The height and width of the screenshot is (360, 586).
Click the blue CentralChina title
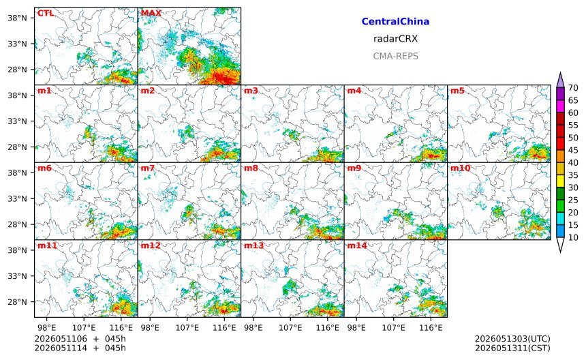395,22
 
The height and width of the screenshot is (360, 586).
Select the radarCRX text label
395,39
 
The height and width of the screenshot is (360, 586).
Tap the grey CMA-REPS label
395,56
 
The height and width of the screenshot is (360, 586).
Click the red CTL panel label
46,13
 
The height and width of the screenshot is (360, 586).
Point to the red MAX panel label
151,13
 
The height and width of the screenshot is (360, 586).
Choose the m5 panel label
457,91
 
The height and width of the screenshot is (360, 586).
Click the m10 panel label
460,168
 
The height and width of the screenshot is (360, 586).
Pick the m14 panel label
357,245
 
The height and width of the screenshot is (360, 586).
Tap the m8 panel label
251,168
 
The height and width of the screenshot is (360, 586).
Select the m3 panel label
251,91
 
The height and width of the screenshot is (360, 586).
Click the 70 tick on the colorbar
573,88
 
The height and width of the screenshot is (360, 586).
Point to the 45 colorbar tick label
573,150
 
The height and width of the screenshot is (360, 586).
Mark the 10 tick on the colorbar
573,237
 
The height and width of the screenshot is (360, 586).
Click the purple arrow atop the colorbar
560,80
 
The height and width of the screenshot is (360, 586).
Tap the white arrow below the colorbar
560,244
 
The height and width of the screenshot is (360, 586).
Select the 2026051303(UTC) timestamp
512,339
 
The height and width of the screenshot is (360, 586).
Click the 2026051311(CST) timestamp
512,348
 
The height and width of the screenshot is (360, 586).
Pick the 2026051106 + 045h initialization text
80,339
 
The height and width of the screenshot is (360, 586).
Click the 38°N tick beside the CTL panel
17,18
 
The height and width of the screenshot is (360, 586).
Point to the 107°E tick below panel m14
394,328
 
